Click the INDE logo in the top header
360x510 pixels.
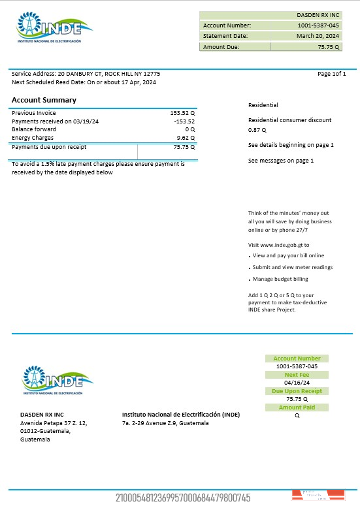click(x=55, y=29)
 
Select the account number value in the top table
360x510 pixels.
click(x=318, y=25)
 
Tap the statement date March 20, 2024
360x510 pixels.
click(x=318, y=36)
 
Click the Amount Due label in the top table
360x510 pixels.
click(x=221, y=47)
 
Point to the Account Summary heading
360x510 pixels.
click(x=44, y=100)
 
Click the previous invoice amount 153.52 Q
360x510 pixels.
click(x=182, y=113)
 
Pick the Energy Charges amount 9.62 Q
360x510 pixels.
click(x=186, y=138)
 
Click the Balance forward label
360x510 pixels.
click(x=34, y=129)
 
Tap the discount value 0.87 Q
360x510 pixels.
click(x=257, y=130)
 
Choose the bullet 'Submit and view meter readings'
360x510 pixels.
click(x=292, y=267)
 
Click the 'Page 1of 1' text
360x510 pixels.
click(x=331, y=74)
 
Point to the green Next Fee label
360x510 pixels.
click(x=297, y=375)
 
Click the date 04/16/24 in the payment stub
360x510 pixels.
click(x=297, y=383)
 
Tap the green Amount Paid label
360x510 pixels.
click(x=297, y=407)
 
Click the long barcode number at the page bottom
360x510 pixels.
click(x=183, y=498)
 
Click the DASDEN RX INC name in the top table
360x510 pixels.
click(x=318, y=14)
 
